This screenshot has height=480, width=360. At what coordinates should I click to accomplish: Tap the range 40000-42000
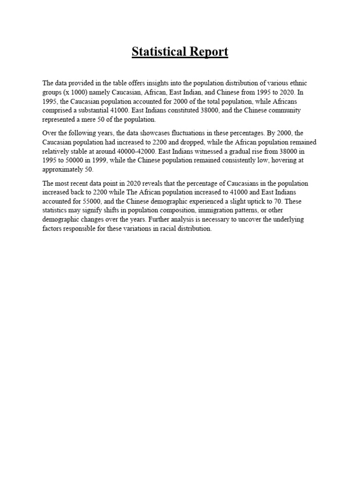(142, 151)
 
